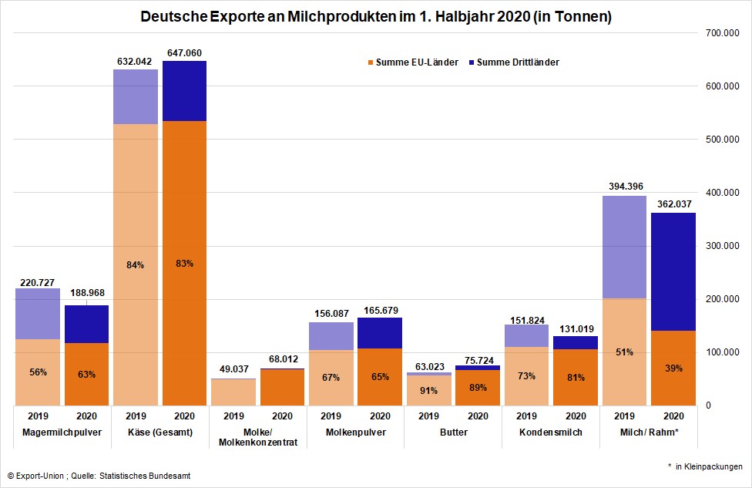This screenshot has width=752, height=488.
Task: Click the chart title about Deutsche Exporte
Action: (375, 17)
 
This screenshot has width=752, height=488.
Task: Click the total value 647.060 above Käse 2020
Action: (184, 53)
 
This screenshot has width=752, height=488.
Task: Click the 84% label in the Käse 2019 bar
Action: (136, 265)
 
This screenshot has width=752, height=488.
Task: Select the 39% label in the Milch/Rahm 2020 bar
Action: (673, 369)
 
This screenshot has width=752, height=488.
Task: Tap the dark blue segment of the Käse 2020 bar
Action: (184, 91)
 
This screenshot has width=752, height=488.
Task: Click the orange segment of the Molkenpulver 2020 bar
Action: (380, 377)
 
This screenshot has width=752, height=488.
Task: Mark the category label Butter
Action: (453, 432)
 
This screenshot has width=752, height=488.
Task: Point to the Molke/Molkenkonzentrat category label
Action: (258, 437)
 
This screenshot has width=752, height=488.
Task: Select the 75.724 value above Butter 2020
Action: (478, 358)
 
